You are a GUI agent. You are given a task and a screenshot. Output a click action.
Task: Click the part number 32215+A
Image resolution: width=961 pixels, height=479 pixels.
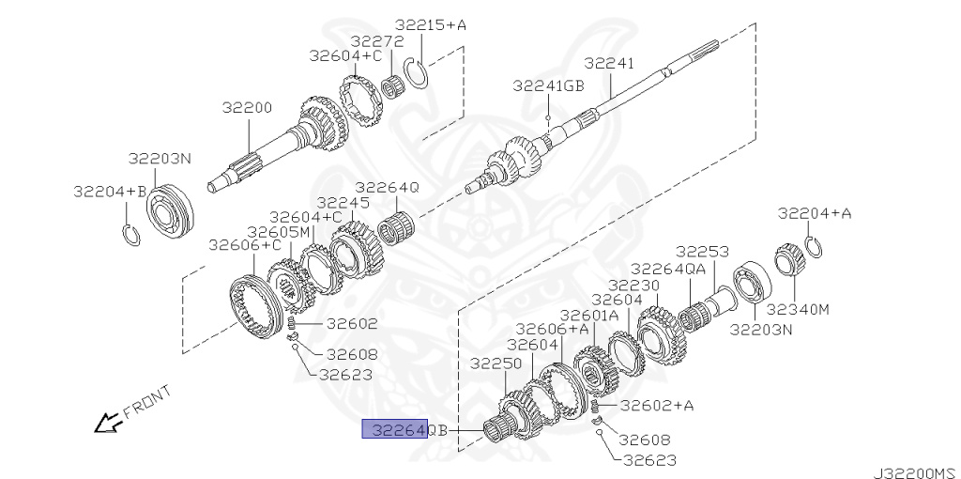point(431,25)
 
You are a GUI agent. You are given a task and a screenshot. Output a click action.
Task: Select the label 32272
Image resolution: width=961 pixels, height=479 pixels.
point(377,41)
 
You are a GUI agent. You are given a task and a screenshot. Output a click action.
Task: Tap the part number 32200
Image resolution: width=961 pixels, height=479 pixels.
point(247,107)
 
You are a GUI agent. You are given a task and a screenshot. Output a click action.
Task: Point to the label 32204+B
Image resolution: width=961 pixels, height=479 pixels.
point(110,191)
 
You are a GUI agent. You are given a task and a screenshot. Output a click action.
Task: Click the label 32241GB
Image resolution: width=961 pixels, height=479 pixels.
point(548,85)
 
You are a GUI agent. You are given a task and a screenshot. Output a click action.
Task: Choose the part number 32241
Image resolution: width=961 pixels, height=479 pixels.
point(609,63)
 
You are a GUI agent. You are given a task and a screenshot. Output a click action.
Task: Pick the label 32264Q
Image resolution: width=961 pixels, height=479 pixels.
point(387,187)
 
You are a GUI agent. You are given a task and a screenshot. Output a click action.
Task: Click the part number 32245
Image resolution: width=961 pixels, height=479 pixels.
point(343,202)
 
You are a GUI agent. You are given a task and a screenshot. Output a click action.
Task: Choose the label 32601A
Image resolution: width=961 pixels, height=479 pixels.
point(589,315)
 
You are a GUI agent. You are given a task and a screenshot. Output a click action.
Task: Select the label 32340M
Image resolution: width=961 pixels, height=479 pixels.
point(798,308)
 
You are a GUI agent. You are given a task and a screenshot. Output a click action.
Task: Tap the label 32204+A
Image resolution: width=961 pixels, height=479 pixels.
point(814,213)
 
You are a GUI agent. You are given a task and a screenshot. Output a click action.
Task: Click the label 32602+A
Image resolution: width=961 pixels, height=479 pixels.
point(657,406)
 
